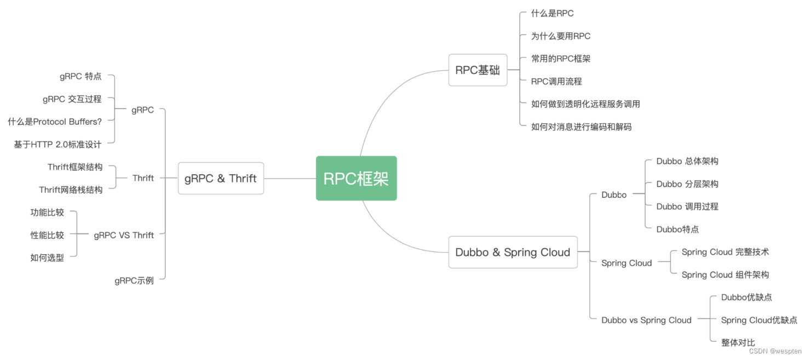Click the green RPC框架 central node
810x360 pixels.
coord(356,179)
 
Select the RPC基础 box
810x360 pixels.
coord(478,70)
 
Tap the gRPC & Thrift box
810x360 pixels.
coord(221,178)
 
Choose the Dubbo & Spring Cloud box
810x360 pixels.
coord(513,252)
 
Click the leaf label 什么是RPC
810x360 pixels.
coord(552,13)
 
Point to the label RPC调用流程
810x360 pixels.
coord(556,81)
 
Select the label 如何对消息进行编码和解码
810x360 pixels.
coord(581,127)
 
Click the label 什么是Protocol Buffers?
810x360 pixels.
coord(55,122)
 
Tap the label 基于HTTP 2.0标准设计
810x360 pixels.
coord(58,145)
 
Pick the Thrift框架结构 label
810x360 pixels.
coord(74,167)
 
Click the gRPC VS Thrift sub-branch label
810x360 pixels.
coord(124,235)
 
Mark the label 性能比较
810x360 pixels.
coord(47,235)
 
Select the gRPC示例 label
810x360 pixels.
coord(134,281)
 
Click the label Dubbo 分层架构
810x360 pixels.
coord(687,184)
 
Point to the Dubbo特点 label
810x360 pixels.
coord(677,230)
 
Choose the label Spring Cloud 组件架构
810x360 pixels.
coord(725,275)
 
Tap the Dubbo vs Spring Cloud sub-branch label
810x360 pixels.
coord(646,320)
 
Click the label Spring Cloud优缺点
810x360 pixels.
coord(759,320)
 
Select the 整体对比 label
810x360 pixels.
coord(738,342)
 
